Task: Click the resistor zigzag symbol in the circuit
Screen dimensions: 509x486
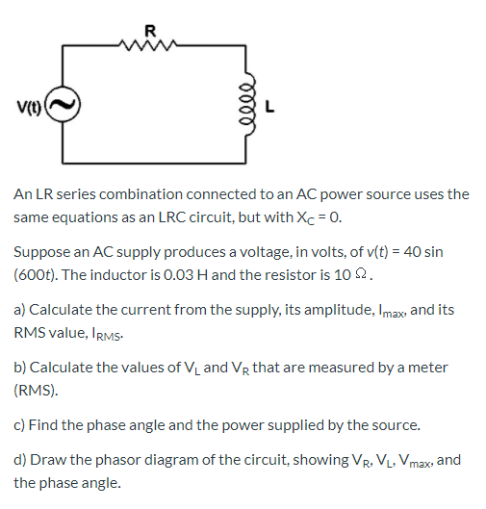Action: point(149,41)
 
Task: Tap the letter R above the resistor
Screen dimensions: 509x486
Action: point(149,27)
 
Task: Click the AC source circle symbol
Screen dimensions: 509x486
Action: point(64,106)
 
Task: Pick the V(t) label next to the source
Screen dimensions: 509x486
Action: point(27,106)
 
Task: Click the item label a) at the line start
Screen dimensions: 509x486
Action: point(20,311)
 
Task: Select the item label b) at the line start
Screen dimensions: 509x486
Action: point(20,369)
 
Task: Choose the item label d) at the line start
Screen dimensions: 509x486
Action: point(20,460)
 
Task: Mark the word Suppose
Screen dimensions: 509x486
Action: point(42,252)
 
